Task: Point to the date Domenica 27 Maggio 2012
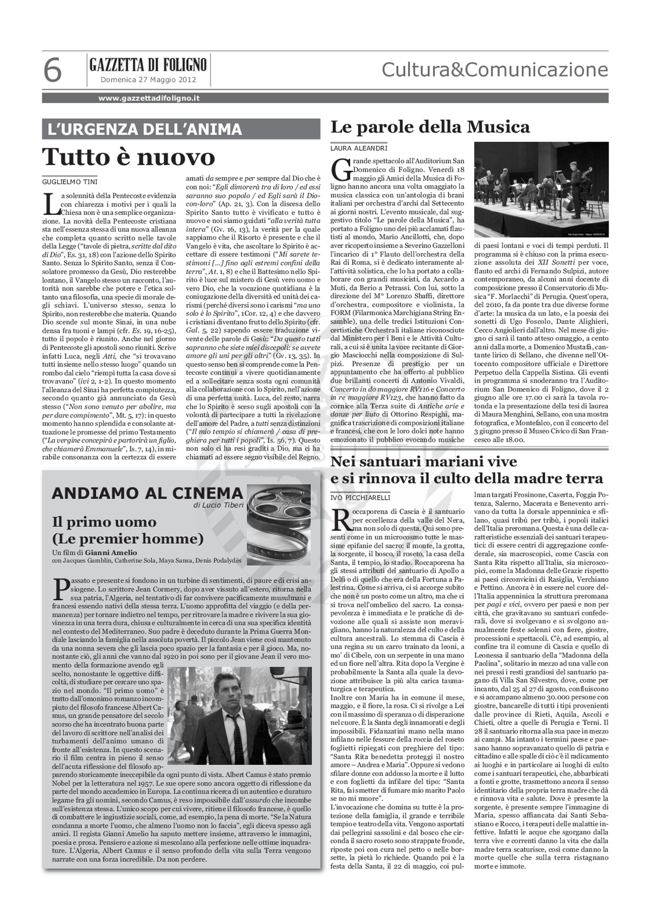(148, 80)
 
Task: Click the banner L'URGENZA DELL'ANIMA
(145, 129)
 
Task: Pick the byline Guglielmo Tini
(70, 182)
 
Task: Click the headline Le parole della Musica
(430, 128)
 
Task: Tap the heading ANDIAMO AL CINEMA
(147, 493)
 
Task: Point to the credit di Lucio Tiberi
(218, 505)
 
